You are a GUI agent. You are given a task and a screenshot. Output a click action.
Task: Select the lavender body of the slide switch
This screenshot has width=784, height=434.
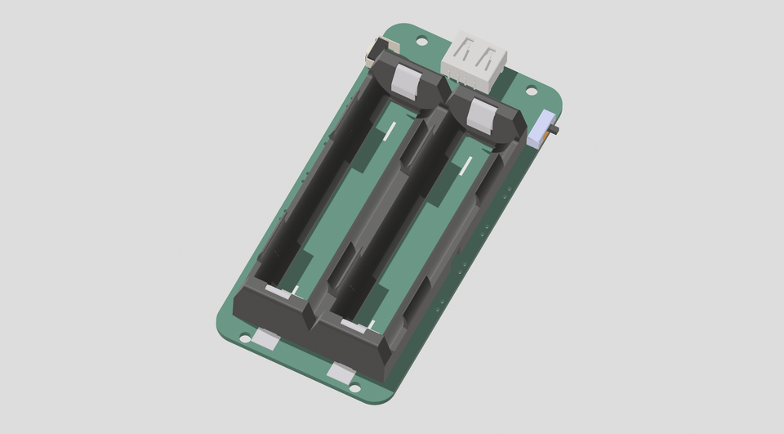pos(538,131)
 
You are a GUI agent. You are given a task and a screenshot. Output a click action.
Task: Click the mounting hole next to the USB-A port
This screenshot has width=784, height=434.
pos(421,39)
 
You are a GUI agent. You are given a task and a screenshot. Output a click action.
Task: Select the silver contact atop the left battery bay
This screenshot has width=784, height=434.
pos(408,79)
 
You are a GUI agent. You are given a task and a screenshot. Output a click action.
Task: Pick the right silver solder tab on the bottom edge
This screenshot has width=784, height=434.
pos(341,372)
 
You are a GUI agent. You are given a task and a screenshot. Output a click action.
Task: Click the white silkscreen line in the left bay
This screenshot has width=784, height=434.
pos(390,130)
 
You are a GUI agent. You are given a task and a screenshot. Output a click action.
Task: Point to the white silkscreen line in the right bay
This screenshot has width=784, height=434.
pos(466,166)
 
